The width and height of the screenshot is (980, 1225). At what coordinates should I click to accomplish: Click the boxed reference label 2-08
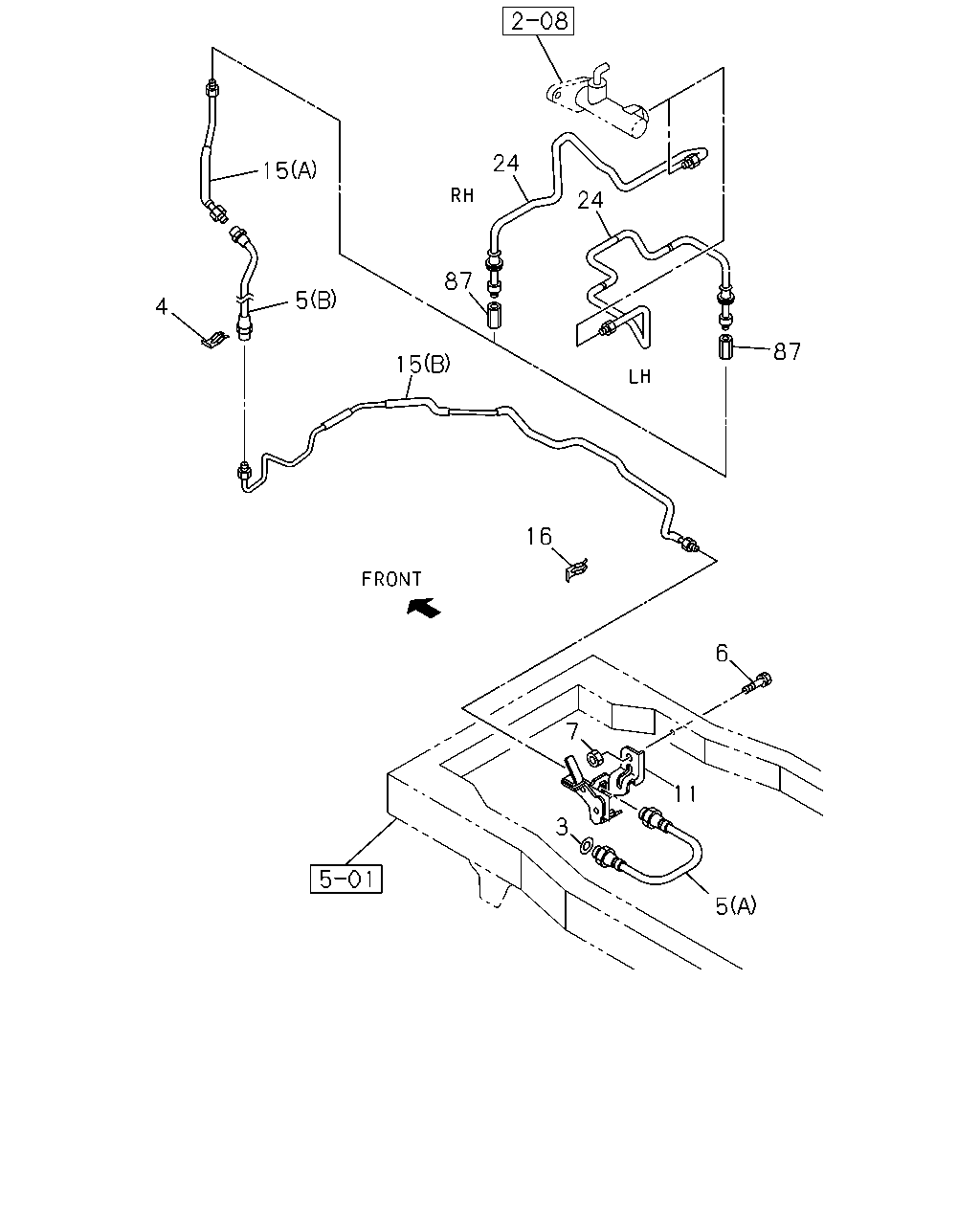tap(538, 21)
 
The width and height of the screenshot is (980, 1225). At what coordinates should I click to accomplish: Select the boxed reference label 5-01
tap(345, 879)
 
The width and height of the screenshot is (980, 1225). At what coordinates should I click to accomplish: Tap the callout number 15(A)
tap(289, 169)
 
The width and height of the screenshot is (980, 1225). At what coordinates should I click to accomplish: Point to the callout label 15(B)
tap(423, 364)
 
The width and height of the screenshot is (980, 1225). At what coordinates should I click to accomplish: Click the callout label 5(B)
tap(316, 300)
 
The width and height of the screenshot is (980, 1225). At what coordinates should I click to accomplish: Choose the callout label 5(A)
tap(736, 905)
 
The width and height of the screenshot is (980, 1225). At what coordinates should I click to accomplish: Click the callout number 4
tap(161, 306)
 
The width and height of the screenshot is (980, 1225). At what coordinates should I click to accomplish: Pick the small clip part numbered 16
tap(576, 569)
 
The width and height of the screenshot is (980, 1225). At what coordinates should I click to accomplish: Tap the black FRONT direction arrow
tap(424, 608)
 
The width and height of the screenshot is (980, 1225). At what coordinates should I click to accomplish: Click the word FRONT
tap(391, 580)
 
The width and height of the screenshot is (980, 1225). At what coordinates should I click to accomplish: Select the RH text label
tap(462, 195)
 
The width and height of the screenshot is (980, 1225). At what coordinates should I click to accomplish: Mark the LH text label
tap(639, 376)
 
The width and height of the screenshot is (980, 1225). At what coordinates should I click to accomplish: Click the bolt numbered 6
tap(758, 682)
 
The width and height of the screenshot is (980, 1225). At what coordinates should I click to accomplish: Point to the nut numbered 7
tap(594, 757)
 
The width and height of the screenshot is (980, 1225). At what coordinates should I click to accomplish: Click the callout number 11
tap(685, 793)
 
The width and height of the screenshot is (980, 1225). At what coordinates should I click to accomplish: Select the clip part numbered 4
tap(213, 340)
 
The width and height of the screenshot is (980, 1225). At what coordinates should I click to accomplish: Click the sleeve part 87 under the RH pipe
tap(494, 316)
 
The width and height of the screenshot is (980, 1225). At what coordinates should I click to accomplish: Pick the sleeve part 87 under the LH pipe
tap(725, 347)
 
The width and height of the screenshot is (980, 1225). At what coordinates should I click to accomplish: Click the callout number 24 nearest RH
tap(506, 164)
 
